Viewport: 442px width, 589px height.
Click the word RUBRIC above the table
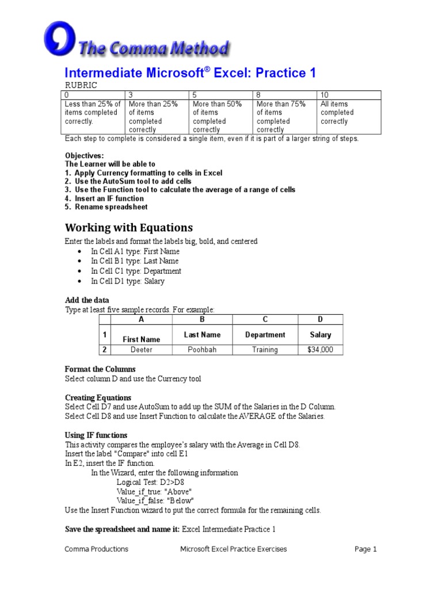click(81, 85)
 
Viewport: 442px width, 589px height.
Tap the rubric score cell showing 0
click(93, 95)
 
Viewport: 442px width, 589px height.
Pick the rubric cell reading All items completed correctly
click(335, 113)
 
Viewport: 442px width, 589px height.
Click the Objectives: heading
click(85, 156)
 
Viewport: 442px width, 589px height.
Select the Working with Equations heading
click(129, 227)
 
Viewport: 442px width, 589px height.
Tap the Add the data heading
click(87, 300)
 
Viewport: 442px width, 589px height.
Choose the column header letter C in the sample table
click(265, 320)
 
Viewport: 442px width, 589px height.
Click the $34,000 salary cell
click(320, 350)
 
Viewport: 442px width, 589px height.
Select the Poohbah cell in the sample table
click(202, 350)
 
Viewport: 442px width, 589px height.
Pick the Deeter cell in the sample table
click(142, 350)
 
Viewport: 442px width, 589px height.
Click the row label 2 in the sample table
click(105, 350)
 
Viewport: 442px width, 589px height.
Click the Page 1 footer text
click(365, 549)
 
